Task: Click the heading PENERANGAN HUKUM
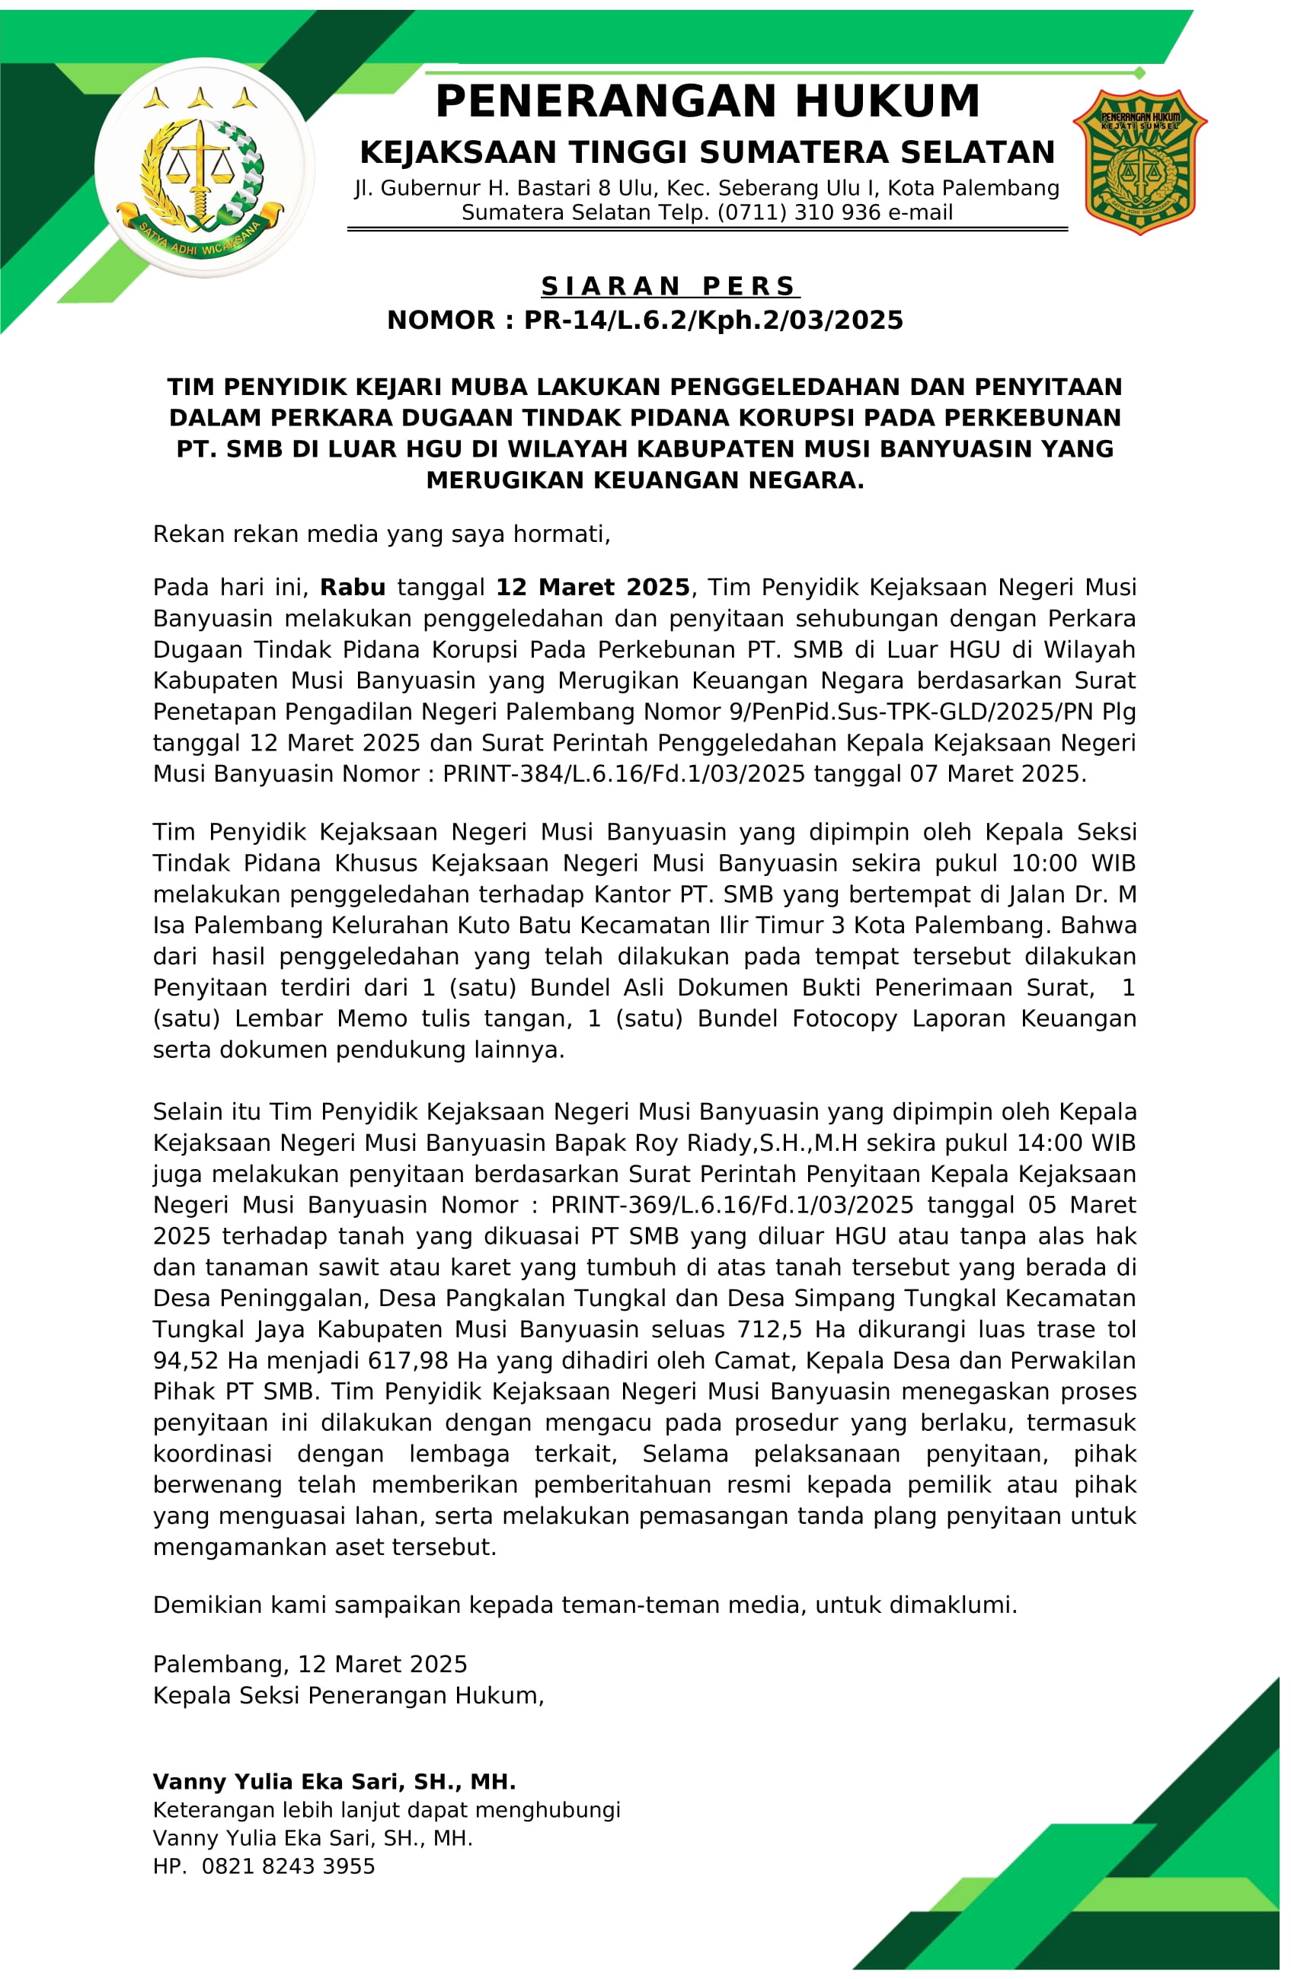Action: pos(707,102)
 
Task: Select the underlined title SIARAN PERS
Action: pos(669,286)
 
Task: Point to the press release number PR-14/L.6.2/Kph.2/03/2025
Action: pos(713,320)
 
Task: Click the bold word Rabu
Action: pos(353,588)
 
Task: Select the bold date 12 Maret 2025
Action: pos(593,588)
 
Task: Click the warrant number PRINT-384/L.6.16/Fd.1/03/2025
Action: pos(623,774)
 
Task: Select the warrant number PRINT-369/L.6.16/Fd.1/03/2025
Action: pos(731,1205)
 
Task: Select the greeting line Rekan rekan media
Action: pos(381,534)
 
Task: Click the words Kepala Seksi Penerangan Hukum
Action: pos(348,1694)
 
